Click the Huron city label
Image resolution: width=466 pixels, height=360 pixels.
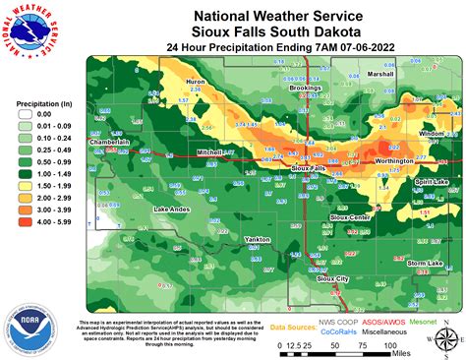195,83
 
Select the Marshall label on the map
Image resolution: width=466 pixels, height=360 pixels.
379,75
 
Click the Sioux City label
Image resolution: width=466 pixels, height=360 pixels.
332,279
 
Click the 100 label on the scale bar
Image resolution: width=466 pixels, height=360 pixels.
389,346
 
